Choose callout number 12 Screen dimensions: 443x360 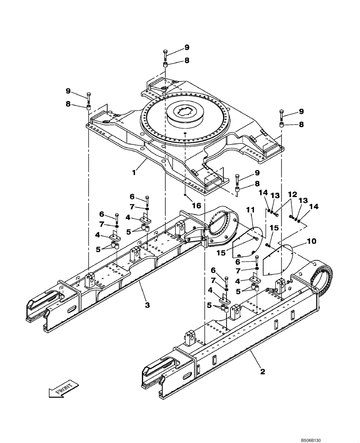[292, 194]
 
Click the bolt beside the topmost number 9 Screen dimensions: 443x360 [165, 54]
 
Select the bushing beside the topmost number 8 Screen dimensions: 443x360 [165, 66]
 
